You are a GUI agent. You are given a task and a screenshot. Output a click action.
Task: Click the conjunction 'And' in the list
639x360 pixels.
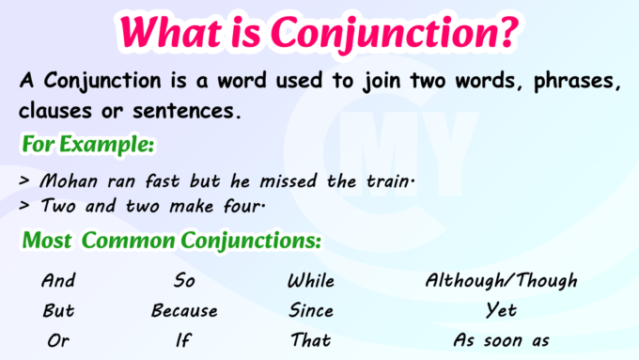[x=58, y=280]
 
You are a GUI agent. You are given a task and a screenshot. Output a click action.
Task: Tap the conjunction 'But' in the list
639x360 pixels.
[x=58, y=310]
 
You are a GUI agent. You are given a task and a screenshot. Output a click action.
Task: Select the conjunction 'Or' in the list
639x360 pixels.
[x=58, y=340]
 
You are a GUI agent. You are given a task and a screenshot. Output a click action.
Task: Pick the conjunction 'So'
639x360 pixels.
[x=184, y=280]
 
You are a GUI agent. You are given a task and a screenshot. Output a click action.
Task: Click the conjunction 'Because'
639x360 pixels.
[x=184, y=310]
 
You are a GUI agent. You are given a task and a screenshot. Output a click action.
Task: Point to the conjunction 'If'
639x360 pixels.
[x=183, y=340]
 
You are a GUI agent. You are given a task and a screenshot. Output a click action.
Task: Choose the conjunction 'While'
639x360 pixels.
[x=311, y=280]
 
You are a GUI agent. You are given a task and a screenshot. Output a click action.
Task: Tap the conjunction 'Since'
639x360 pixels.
[x=311, y=310]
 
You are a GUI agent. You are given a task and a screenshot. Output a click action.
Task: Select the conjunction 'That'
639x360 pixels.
[x=311, y=340]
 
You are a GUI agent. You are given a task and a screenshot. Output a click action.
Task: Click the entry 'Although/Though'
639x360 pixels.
[x=501, y=280]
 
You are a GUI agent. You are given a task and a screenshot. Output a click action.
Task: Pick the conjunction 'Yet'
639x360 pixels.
[x=501, y=310]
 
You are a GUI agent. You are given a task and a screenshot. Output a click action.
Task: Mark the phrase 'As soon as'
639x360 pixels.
[x=501, y=340]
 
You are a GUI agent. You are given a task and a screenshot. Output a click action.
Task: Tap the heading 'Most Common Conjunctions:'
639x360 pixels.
[x=172, y=241]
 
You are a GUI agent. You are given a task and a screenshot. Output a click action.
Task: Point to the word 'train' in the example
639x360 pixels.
[x=383, y=181]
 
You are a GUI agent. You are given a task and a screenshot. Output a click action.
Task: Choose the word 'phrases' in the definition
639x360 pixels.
[x=577, y=81]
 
